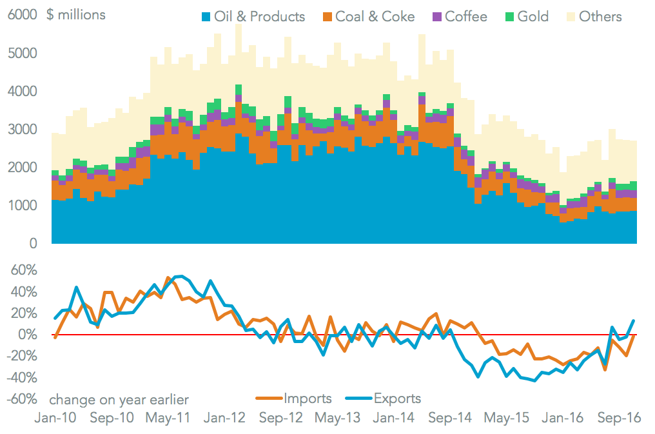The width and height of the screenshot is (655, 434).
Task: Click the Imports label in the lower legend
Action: pos(307,399)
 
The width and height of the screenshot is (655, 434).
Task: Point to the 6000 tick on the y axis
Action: pos(21,15)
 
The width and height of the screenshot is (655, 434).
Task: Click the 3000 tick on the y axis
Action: pos(21,130)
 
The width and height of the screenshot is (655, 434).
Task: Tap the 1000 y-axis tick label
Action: pos(21,206)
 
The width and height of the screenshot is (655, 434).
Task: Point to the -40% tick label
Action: pos(20,377)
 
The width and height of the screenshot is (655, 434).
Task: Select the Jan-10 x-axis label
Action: pos(55,417)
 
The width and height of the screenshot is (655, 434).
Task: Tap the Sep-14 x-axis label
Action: pos(452,417)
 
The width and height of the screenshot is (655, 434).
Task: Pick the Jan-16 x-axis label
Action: pos(565,417)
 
